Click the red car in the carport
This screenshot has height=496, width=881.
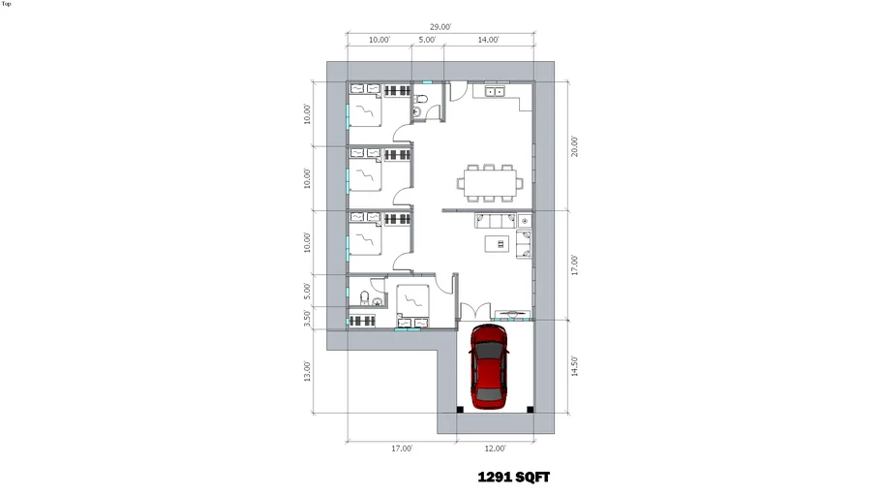pos(489,366)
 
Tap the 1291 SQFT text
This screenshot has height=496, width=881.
pos(513,478)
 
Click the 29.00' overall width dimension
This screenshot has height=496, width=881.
pos(440,27)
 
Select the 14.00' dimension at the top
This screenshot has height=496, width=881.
pos(488,40)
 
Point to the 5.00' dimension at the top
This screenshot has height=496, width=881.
pos(427,40)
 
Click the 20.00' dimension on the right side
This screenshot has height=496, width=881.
pos(574,146)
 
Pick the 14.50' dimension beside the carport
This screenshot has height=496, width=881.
pos(574,366)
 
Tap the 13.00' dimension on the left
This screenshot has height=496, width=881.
pos(307,371)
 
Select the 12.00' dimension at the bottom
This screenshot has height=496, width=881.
pos(495,449)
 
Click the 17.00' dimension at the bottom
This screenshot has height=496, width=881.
pos(402,449)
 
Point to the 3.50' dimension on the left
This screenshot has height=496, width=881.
pos(307,318)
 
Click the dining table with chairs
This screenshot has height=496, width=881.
pos(489,183)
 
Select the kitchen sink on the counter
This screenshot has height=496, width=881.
pos(495,91)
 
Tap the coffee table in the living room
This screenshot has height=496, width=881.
pos(498,243)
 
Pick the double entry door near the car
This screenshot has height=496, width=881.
pos(475,312)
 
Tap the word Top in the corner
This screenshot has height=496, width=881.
pos(6,4)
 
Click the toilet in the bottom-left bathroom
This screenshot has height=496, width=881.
pos(364,296)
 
